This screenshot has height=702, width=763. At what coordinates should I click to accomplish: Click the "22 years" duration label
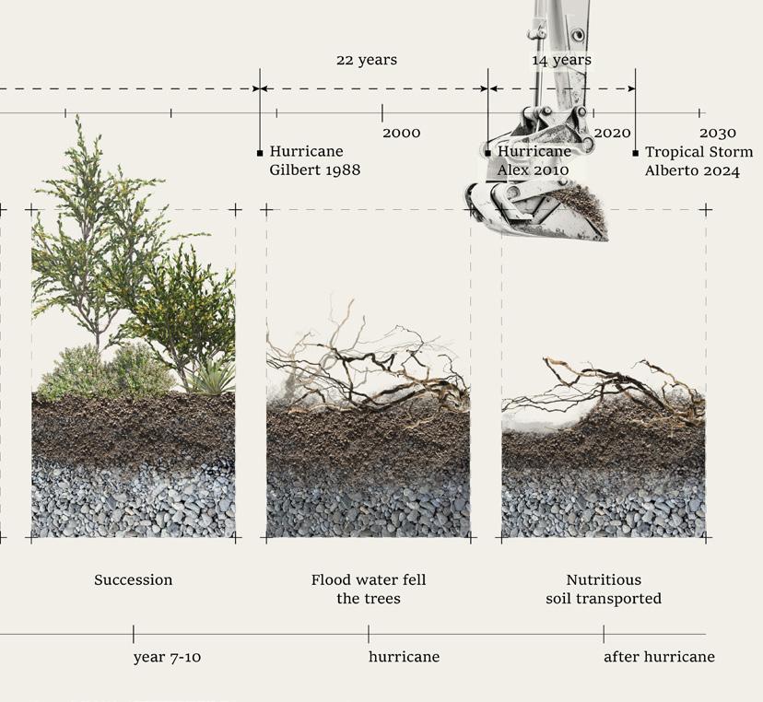[x=366, y=60]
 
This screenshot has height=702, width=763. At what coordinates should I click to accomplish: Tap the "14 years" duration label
[x=561, y=60]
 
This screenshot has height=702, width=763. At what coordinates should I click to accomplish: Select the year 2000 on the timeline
[x=401, y=134]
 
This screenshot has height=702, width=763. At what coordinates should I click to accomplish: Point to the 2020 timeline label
[x=612, y=134]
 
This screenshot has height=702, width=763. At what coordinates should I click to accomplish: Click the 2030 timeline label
[x=717, y=134]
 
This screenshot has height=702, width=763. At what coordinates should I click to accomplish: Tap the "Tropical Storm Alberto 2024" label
[x=698, y=161]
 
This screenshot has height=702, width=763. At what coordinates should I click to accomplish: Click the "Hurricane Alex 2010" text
[x=534, y=161]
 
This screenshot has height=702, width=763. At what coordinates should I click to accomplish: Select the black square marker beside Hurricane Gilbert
[x=260, y=153]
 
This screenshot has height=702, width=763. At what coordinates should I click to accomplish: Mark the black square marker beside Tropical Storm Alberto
[x=635, y=153]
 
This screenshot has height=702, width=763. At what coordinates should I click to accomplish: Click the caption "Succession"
[x=133, y=580]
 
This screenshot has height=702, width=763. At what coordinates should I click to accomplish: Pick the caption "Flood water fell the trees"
[x=368, y=590]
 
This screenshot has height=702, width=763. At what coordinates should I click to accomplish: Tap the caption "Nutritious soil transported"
[x=604, y=590]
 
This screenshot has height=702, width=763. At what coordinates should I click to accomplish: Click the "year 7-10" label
[x=166, y=657]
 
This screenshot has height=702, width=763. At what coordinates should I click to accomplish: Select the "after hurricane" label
[x=659, y=657]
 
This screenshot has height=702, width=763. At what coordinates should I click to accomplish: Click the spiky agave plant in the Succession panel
[x=214, y=377]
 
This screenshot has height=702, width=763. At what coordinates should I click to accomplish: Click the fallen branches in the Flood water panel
[x=369, y=369]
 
